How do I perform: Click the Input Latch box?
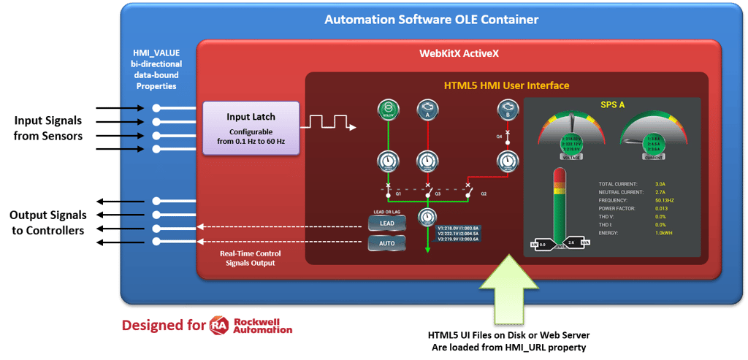tap(251, 129)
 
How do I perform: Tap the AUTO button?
tap(386, 243)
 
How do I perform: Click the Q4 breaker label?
tap(500, 137)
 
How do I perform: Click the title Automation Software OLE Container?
tap(431, 19)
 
